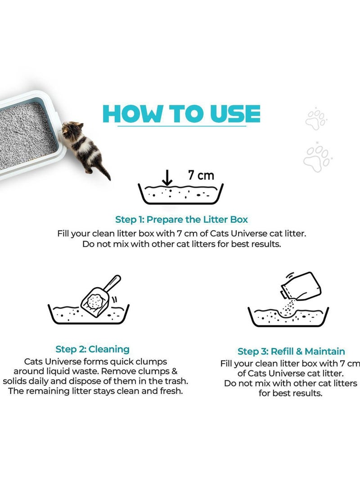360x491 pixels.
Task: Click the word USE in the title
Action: coord(234,115)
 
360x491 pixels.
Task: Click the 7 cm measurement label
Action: coord(201,176)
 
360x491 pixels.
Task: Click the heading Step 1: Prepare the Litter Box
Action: coord(181,220)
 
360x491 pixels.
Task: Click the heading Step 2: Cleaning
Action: coord(92,349)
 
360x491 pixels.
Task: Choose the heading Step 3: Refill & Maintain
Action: coord(291,351)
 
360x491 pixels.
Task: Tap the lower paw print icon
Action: coord(316,156)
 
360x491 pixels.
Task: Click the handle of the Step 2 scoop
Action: coord(112,284)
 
